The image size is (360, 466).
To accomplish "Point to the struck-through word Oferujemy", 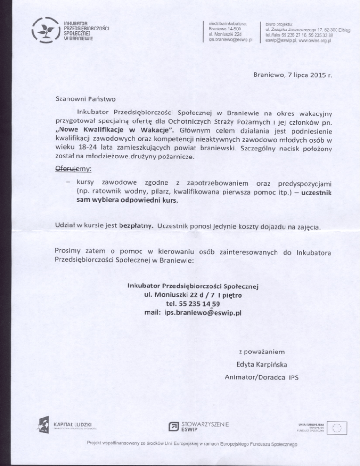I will [x=74, y=168].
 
